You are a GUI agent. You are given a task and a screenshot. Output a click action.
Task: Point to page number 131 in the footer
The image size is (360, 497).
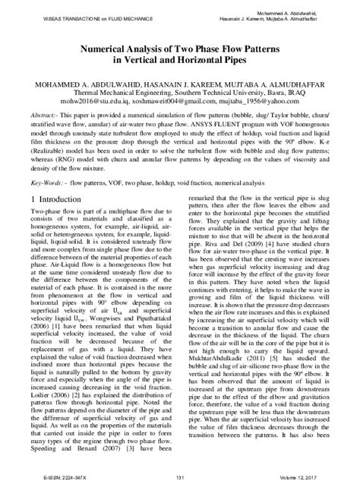180,477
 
